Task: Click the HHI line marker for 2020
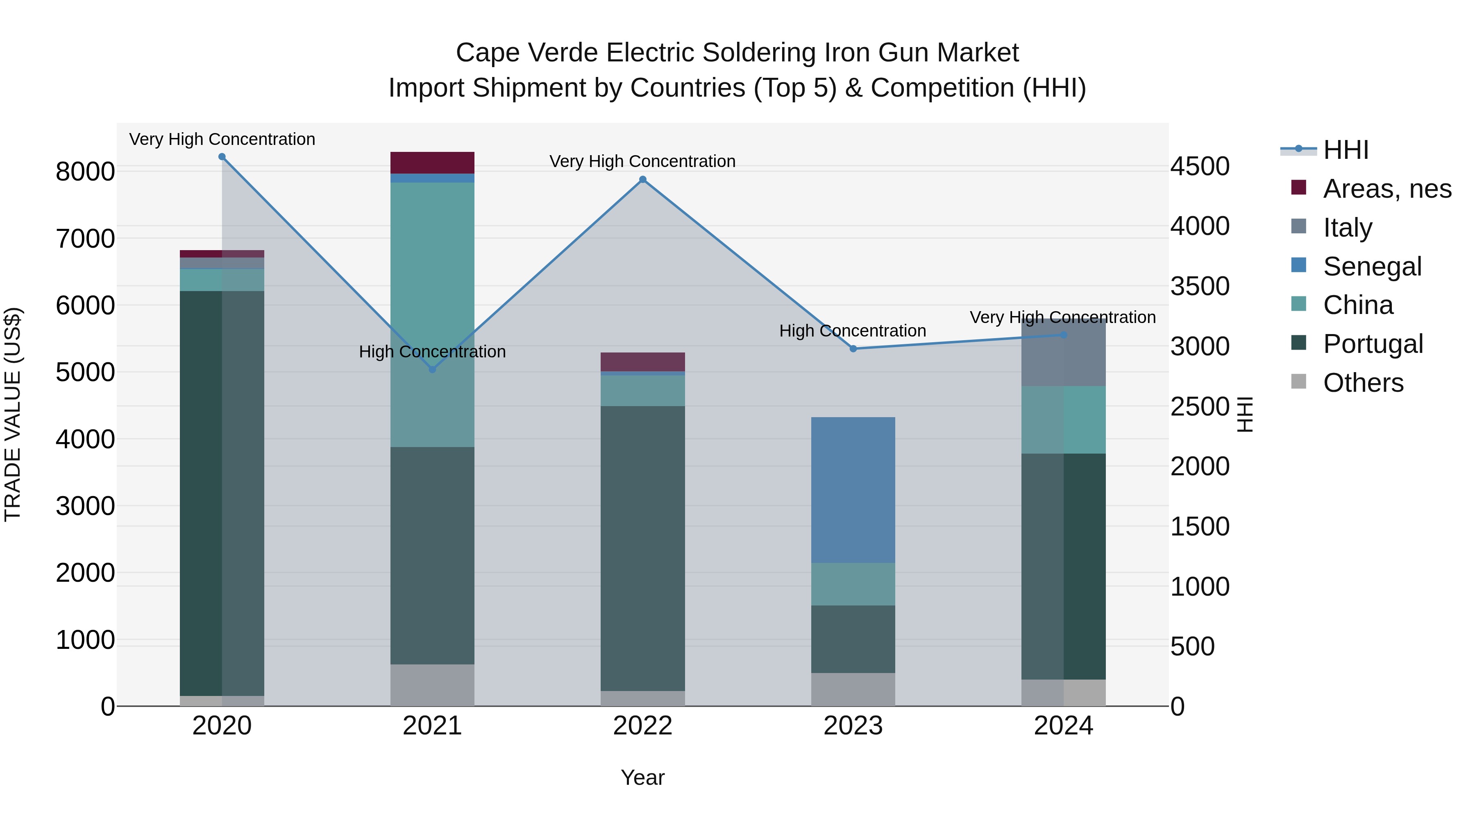click(222, 157)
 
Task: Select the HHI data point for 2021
click(432, 370)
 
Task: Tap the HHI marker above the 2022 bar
click(642, 180)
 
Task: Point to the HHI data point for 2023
click(853, 348)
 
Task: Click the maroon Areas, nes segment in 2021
click(432, 163)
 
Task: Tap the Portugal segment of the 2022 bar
click(642, 548)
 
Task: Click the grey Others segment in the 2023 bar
click(853, 689)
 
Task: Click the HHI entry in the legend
click(1346, 150)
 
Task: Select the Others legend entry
click(1363, 383)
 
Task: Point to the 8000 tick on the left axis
click(85, 171)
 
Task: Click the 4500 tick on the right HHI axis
click(1200, 167)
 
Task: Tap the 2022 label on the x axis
click(642, 726)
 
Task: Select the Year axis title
click(642, 777)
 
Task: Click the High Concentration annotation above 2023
click(853, 331)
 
